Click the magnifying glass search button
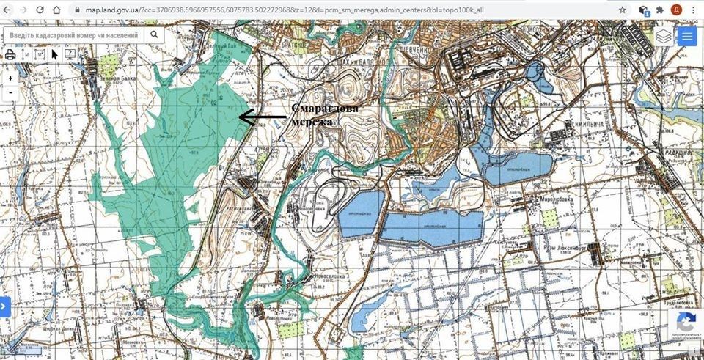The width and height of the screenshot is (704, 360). pyautogui.click(x=154, y=34)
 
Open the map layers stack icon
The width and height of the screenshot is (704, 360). pyautogui.click(x=663, y=36)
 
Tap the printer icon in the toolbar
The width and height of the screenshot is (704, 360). pyautogui.click(x=10, y=54)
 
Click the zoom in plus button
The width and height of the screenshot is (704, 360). pyautogui.click(x=10, y=78)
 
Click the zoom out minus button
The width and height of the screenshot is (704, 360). pyautogui.click(x=10, y=93)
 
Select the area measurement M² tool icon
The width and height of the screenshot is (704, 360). pyautogui.click(x=40, y=54)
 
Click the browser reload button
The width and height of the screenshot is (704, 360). pyautogui.click(x=39, y=10)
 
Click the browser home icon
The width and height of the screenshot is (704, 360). pyautogui.click(x=59, y=10)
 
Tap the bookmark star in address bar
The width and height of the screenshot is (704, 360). pyautogui.click(x=622, y=10)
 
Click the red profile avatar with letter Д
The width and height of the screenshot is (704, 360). pyautogui.click(x=676, y=10)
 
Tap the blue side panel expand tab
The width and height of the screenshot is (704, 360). pyautogui.click(x=4, y=306)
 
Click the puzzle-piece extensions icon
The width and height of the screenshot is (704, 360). pyautogui.click(x=659, y=10)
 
